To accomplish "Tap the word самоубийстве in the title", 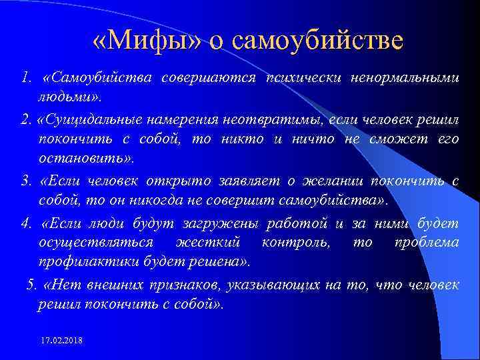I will point(318,41).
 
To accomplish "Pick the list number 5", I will point(31,285).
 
